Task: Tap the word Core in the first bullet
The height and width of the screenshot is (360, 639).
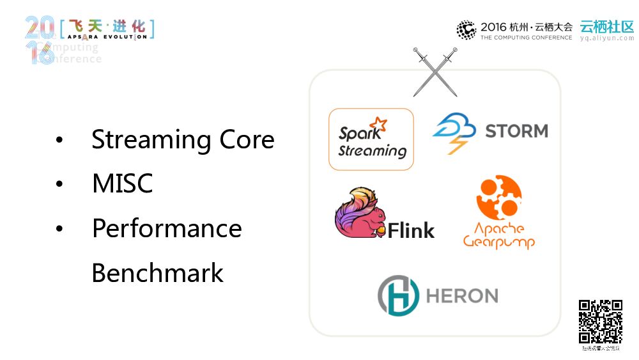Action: tap(247, 140)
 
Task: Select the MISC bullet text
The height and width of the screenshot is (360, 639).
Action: tap(122, 184)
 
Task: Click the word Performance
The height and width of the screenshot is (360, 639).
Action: tap(167, 228)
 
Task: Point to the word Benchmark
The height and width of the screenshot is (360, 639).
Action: tap(157, 273)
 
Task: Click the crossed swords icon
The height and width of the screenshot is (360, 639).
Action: tap(435, 71)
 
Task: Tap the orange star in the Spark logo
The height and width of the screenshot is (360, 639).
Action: tap(379, 124)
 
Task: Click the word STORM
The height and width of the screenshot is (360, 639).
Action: tap(516, 131)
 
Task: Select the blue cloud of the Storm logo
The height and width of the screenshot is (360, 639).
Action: tap(454, 127)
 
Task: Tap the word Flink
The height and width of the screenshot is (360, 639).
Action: tap(411, 230)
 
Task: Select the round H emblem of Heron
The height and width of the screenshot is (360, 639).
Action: tap(398, 295)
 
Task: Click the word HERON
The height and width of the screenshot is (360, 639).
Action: tap(461, 295)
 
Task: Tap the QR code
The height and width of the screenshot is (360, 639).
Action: tap(601, 322)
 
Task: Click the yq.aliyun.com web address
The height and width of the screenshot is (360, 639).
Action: tap(606, 38)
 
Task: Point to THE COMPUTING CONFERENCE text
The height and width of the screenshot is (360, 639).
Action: tap(526, 38)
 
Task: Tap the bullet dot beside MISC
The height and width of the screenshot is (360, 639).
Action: tap(59, 184)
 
